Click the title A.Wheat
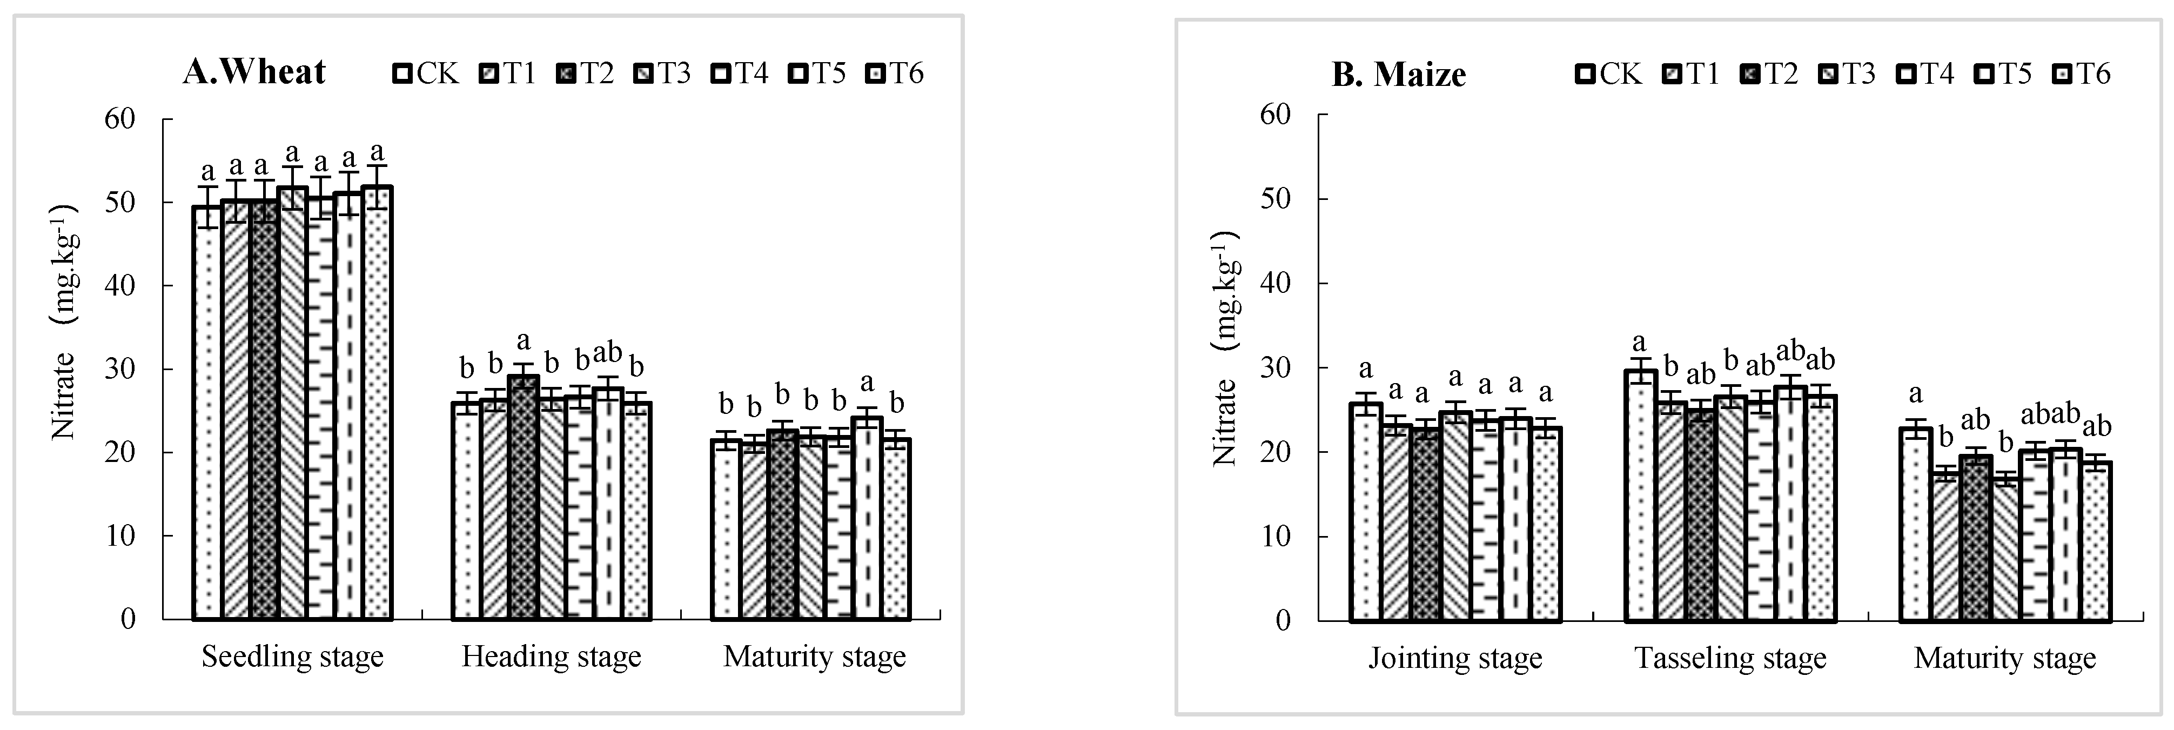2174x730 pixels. tap(254, 72)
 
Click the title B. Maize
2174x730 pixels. tap(1398, 74)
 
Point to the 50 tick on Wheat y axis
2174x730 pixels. tap(120, 203)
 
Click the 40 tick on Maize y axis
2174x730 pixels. tap(1276, 284)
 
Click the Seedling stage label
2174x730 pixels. tap(292, 657)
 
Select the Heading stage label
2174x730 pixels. tap(551, 657)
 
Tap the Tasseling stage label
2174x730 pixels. tap(1730, 658)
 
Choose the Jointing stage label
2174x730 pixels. tap(1455, 658)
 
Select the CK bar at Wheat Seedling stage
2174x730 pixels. tap(207, 413)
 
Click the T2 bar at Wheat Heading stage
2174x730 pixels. tap(524, 498)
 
